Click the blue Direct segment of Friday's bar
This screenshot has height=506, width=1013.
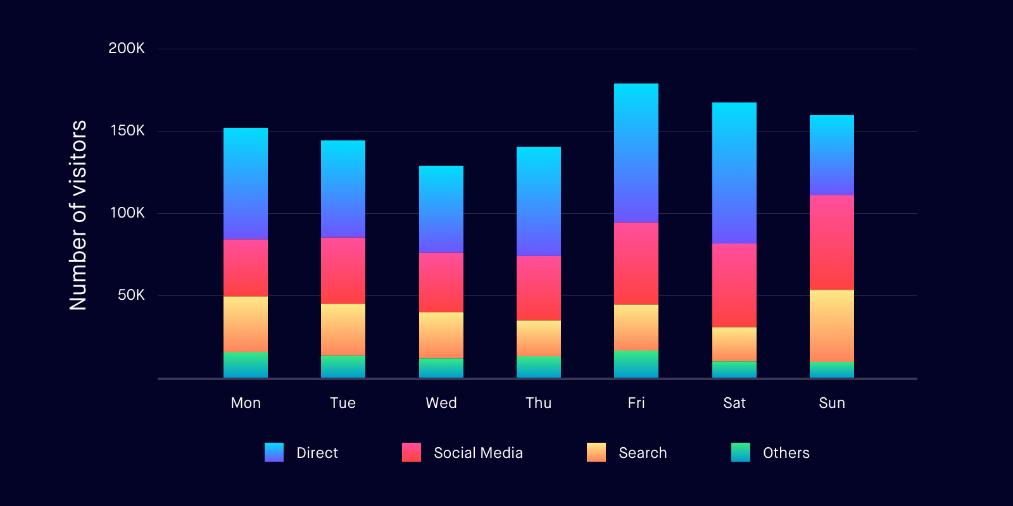coord(636,153)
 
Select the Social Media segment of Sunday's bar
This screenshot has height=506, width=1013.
coord(832,242)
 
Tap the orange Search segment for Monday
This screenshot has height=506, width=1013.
coord(246,324)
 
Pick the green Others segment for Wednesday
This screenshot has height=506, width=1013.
coord(441,368)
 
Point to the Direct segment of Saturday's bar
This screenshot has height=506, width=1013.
coord(734,173)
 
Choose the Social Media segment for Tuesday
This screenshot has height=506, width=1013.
coord(343,271)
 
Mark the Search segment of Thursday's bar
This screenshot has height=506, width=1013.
coord(539,338)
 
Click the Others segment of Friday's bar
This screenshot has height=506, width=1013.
coord(636,364)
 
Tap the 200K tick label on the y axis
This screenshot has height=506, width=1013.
coord(127,49)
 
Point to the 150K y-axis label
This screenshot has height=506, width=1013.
coord(127,131)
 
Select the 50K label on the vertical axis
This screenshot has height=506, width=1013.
coord(131,295)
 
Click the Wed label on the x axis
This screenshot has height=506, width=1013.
coord(441,403)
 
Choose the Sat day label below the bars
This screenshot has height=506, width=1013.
coord(734,403)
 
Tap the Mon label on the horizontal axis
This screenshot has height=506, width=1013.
coord(246,403)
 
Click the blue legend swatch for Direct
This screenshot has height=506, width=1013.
coord(274,452)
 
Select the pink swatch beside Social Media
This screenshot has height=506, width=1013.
coord(412,452)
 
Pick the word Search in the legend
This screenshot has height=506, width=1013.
coord(643,453)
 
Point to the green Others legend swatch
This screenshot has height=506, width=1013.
coord(741,452)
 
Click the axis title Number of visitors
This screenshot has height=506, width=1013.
coord(78,215)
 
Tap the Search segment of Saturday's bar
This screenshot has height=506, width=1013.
coord(734,344)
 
